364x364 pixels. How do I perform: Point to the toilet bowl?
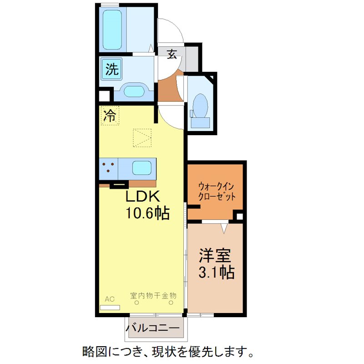point(200,107)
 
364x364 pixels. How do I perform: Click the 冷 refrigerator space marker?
point(110,116)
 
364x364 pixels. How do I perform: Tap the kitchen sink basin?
point(142,168)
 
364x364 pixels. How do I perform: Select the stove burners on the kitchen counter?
point(108,168)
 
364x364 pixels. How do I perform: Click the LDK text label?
point(142,197)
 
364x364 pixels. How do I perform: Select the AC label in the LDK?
point(110,299)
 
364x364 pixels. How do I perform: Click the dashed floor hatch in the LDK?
point(142,137)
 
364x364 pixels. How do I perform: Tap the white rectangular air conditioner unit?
point(110,307)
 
